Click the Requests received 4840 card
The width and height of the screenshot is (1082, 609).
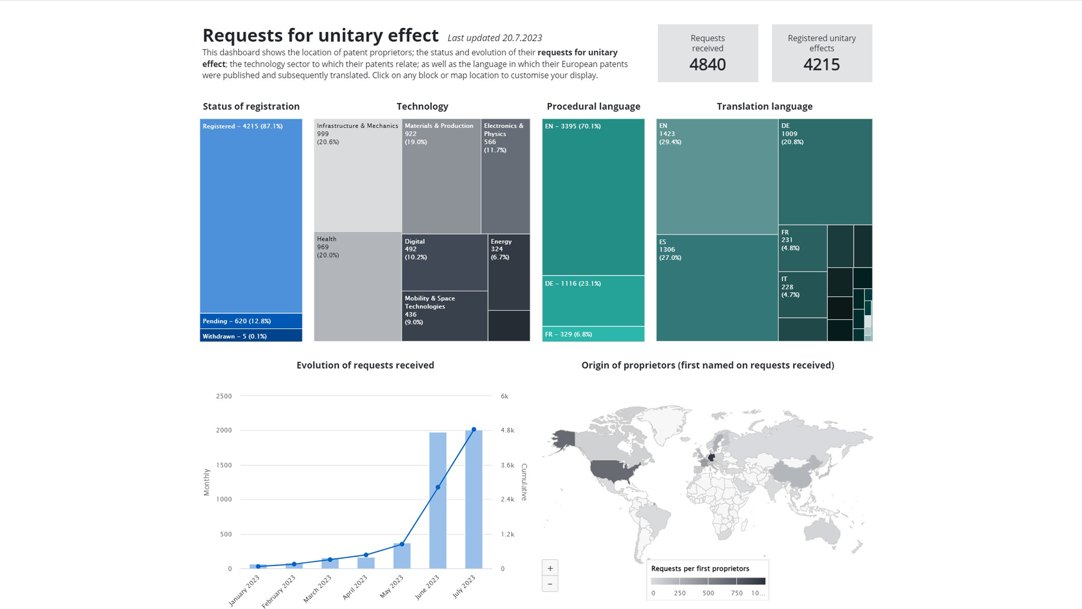click(707, 53)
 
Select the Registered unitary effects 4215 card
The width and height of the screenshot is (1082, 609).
click(822, 53)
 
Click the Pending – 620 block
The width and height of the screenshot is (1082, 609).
click(251, 321)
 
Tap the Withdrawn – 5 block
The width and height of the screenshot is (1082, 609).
click(251, 336)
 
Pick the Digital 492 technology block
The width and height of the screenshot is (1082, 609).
click(444, 262)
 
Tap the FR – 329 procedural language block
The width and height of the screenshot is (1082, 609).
click(593, 334)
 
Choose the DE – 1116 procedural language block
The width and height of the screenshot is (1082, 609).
click(593, 301)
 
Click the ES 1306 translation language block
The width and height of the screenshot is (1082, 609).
click(717, 288)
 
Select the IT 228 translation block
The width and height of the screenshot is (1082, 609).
click(802, 295)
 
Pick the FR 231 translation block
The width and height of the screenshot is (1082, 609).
click(802, 248)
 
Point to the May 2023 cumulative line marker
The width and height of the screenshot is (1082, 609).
click(402, 544)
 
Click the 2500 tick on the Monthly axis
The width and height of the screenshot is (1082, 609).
click(224, 396)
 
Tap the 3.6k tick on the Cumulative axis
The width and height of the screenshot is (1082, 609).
click(507, 465)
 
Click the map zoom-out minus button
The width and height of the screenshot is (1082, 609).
click(550, 584)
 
